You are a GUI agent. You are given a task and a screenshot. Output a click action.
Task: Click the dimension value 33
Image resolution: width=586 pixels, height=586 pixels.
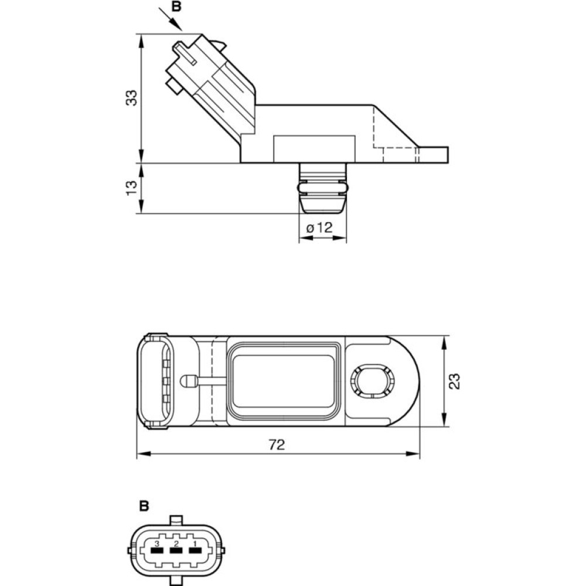coord(131,98)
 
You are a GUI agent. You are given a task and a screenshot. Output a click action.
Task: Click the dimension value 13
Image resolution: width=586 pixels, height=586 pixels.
coord(131,188)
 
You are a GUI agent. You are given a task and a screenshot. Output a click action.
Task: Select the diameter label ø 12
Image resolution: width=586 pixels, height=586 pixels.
coord(319,227)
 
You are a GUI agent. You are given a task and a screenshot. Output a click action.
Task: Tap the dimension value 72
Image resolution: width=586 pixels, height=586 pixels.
coord(277,444)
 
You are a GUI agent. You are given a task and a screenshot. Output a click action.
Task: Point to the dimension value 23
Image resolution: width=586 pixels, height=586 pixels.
coord(455,381)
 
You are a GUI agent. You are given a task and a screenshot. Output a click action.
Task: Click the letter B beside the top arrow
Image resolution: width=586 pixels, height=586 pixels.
coord(176,6)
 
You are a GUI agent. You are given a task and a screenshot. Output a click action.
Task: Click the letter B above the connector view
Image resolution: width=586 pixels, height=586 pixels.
coord(144,506)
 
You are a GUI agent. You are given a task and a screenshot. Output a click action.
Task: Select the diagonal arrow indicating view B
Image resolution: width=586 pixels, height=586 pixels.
coord(171,19)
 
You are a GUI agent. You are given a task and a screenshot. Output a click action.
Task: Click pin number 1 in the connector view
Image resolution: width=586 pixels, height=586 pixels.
coord(195,543)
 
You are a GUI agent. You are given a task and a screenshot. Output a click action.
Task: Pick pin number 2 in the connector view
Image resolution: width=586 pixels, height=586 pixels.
coord(176,543)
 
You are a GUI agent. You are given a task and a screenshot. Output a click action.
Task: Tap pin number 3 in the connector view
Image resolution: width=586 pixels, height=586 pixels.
coord(157,543)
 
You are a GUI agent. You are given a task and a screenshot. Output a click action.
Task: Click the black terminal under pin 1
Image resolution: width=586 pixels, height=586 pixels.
coord(195,551)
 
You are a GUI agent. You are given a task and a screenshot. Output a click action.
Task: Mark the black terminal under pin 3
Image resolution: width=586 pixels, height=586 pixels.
coord(157,551)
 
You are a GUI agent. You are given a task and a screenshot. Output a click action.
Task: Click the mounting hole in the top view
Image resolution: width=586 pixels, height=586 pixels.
coord(372,381)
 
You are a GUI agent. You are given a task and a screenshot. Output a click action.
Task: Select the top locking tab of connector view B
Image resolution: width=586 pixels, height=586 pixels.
coord(176,520)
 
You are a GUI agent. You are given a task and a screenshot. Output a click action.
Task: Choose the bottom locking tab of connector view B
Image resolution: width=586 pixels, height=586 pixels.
coord(176,581)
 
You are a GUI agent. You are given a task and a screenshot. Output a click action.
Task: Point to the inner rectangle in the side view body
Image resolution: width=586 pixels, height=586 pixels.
coord(314,149)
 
